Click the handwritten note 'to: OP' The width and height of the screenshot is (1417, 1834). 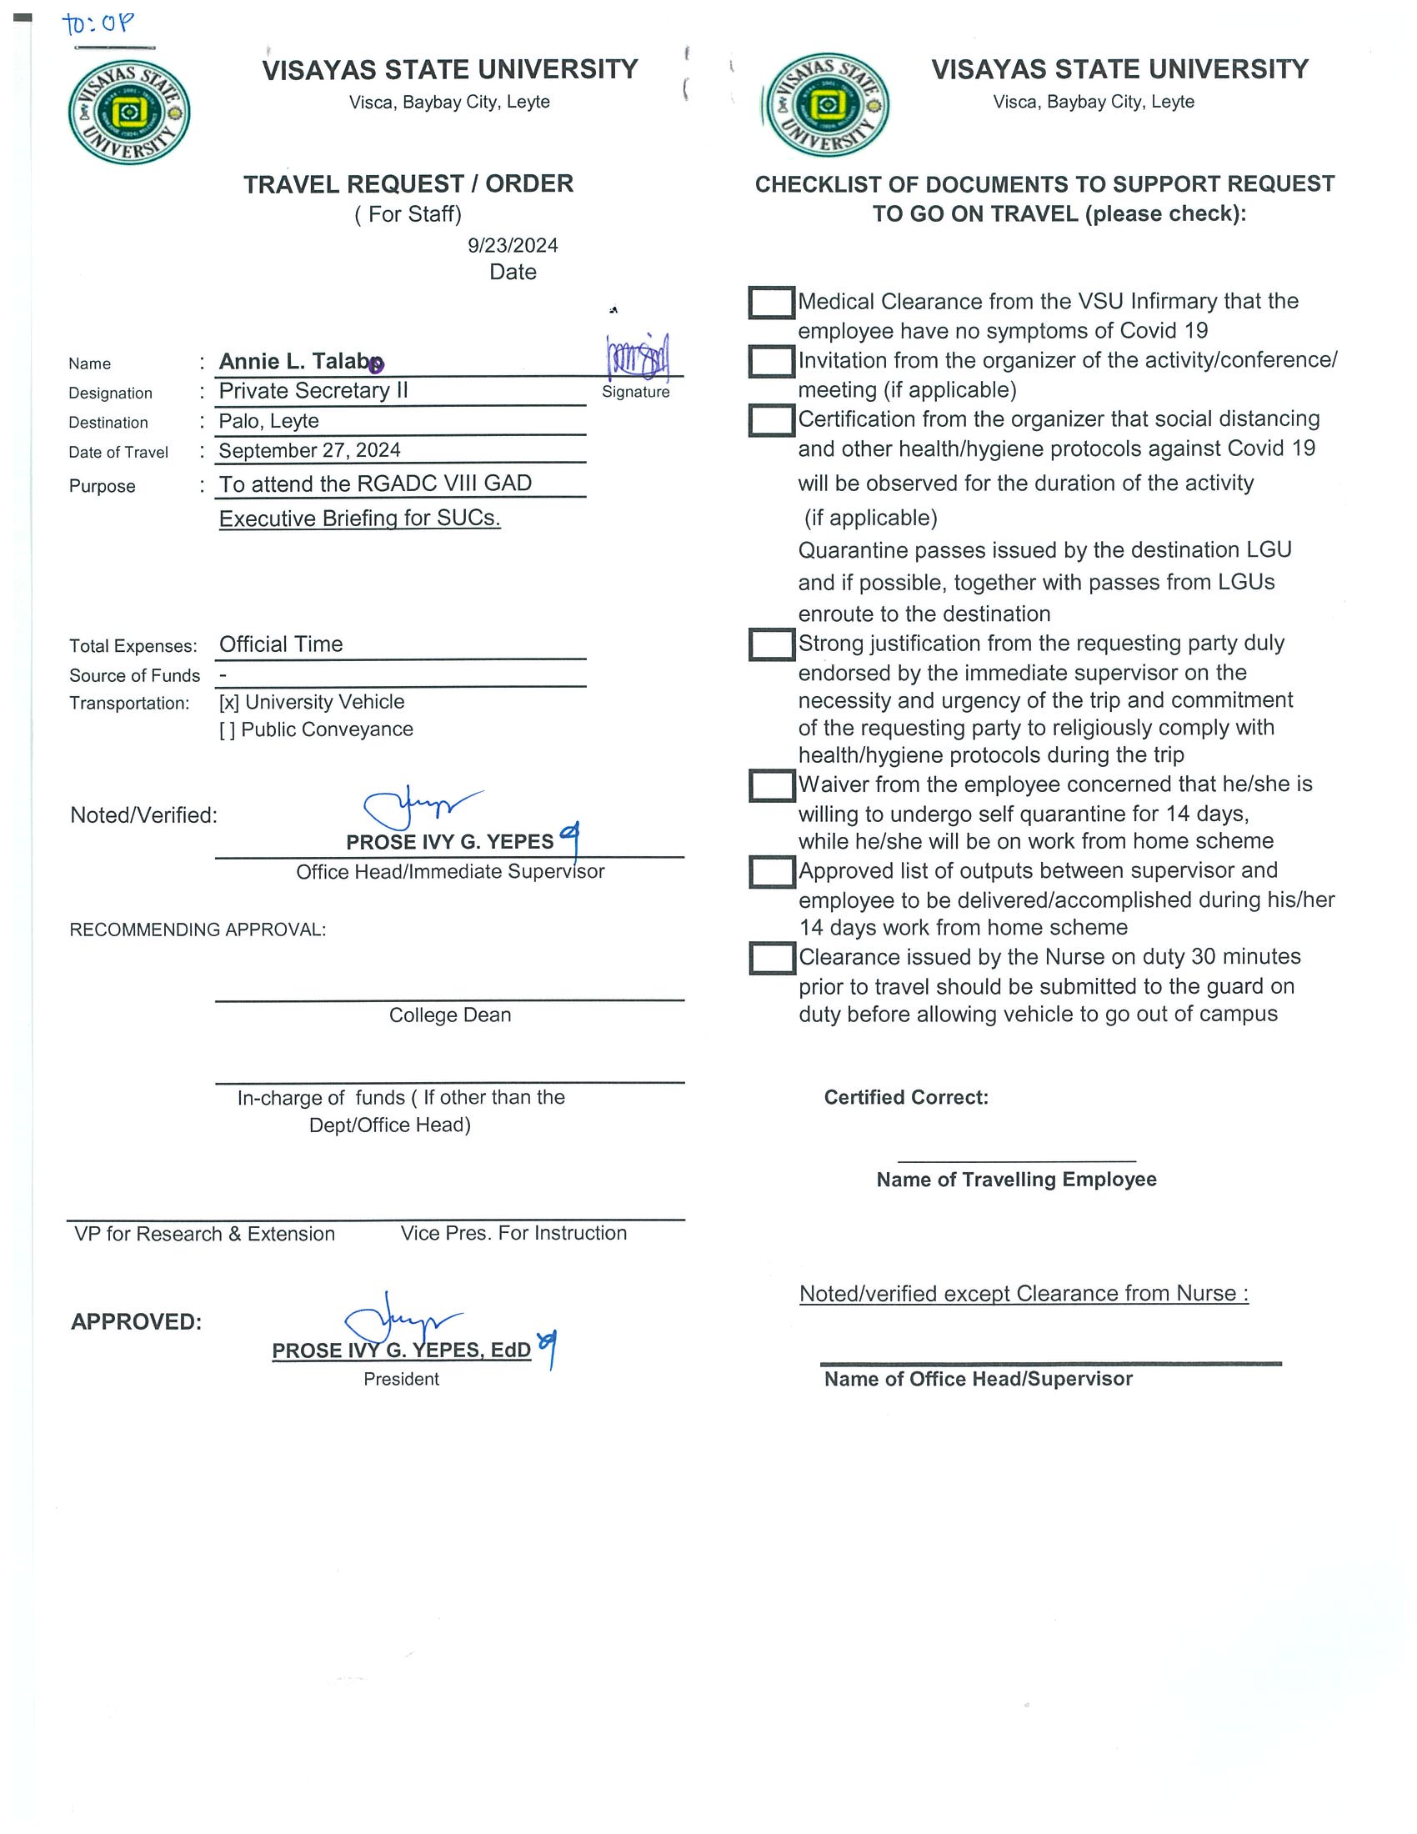pos(98,23)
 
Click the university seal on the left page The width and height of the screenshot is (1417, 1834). pos(129,113)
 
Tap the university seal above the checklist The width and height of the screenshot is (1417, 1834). pos(827,105)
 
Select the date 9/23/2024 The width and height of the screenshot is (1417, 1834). pos(512,245)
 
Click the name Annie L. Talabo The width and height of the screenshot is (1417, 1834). pos(301,362)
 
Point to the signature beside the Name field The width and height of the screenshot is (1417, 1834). pos(637,356)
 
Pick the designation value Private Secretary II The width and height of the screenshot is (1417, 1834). pos(313,391)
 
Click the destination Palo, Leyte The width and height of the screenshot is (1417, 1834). pos(268,422)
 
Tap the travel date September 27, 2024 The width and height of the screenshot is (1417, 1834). pos(309,451)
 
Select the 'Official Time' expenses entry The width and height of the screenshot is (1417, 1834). pos(281,645)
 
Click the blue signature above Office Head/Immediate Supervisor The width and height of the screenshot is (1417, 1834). pos(420,807)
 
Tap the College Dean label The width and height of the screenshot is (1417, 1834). pos(449,1015)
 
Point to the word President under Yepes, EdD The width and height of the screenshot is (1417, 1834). pos(401,1379)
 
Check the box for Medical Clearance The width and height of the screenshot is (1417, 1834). pos(771,303)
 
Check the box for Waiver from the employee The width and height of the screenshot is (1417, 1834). pos(771,786)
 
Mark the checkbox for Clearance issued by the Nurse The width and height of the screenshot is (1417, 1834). pos(771,958)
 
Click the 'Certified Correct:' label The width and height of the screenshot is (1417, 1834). pos(906,1098)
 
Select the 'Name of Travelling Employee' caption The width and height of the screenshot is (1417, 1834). pos(1016,1180)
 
